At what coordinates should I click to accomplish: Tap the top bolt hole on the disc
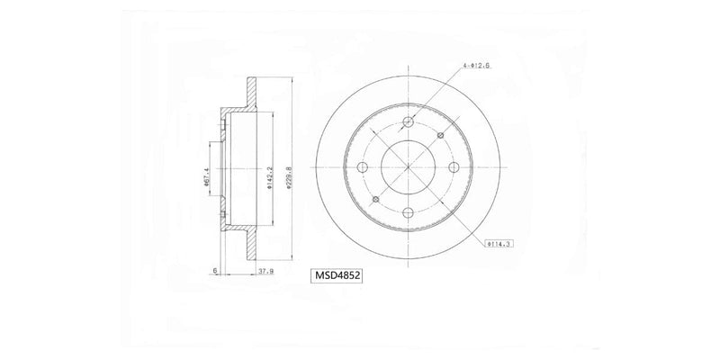point(409,122)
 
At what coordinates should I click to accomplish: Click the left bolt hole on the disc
point(364,167)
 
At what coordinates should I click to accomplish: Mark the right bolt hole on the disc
point(453,167)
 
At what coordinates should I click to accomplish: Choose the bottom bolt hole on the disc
point(409,212)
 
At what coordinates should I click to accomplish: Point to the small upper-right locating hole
point(440,135)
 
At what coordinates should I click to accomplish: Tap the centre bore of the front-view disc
point(409,167)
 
